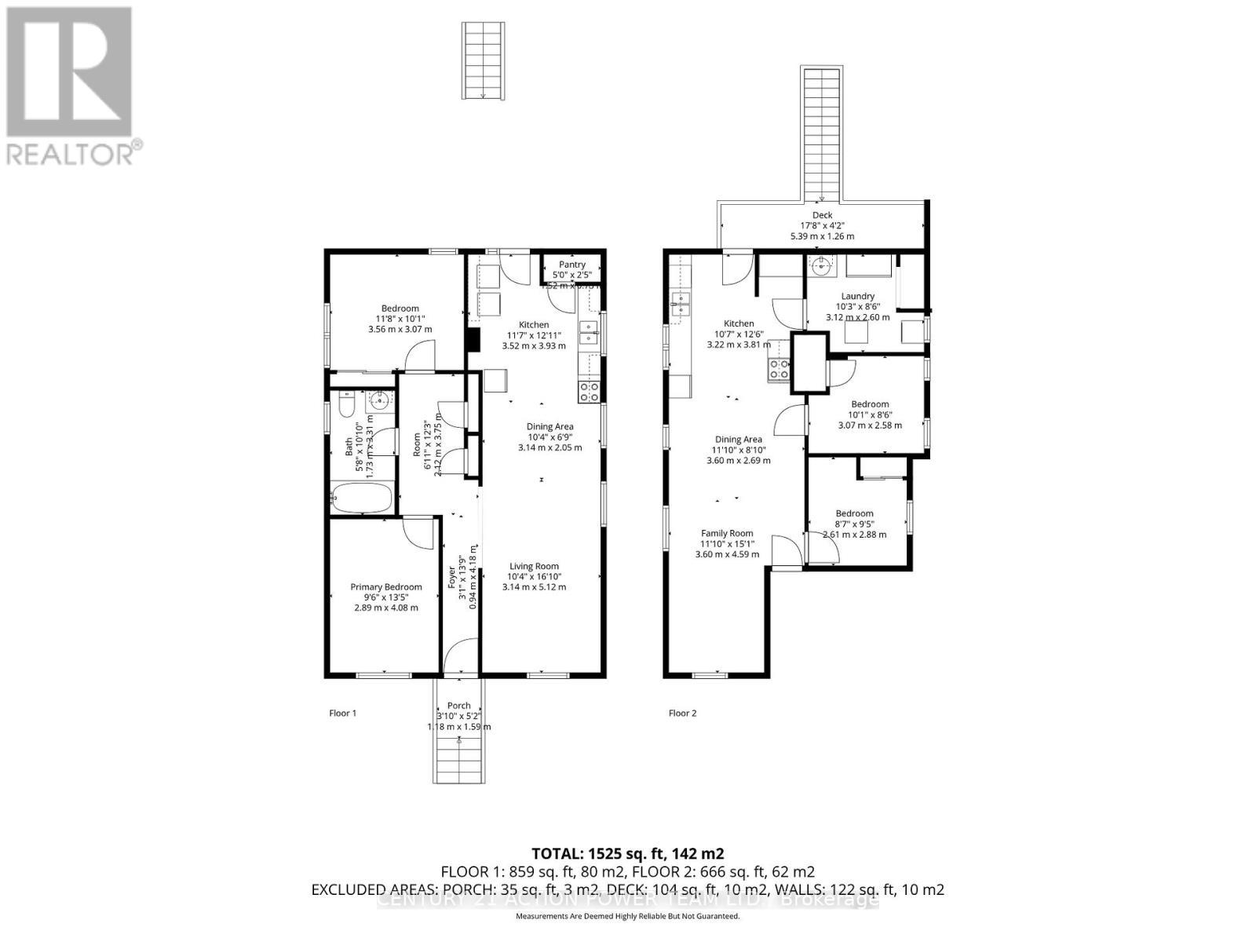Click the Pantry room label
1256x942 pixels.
[x=572, y=265]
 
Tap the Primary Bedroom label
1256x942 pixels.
[x=385, y=587]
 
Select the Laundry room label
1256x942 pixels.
[x=857, y=296]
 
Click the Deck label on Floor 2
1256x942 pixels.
[x=822, y=215]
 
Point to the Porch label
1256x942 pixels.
[x=459, y=706]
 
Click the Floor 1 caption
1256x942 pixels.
[x=342, y=714]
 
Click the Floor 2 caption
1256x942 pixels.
[x=682, y=714]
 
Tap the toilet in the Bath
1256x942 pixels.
[x=345, y=407]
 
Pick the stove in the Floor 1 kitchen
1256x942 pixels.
[x=590, y=391]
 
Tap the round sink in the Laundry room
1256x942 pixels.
[x=821, y=266]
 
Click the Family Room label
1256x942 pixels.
[x=727, y=534]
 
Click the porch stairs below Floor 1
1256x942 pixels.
[x=459, y=758]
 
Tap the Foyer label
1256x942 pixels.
[x=452, y=579]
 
